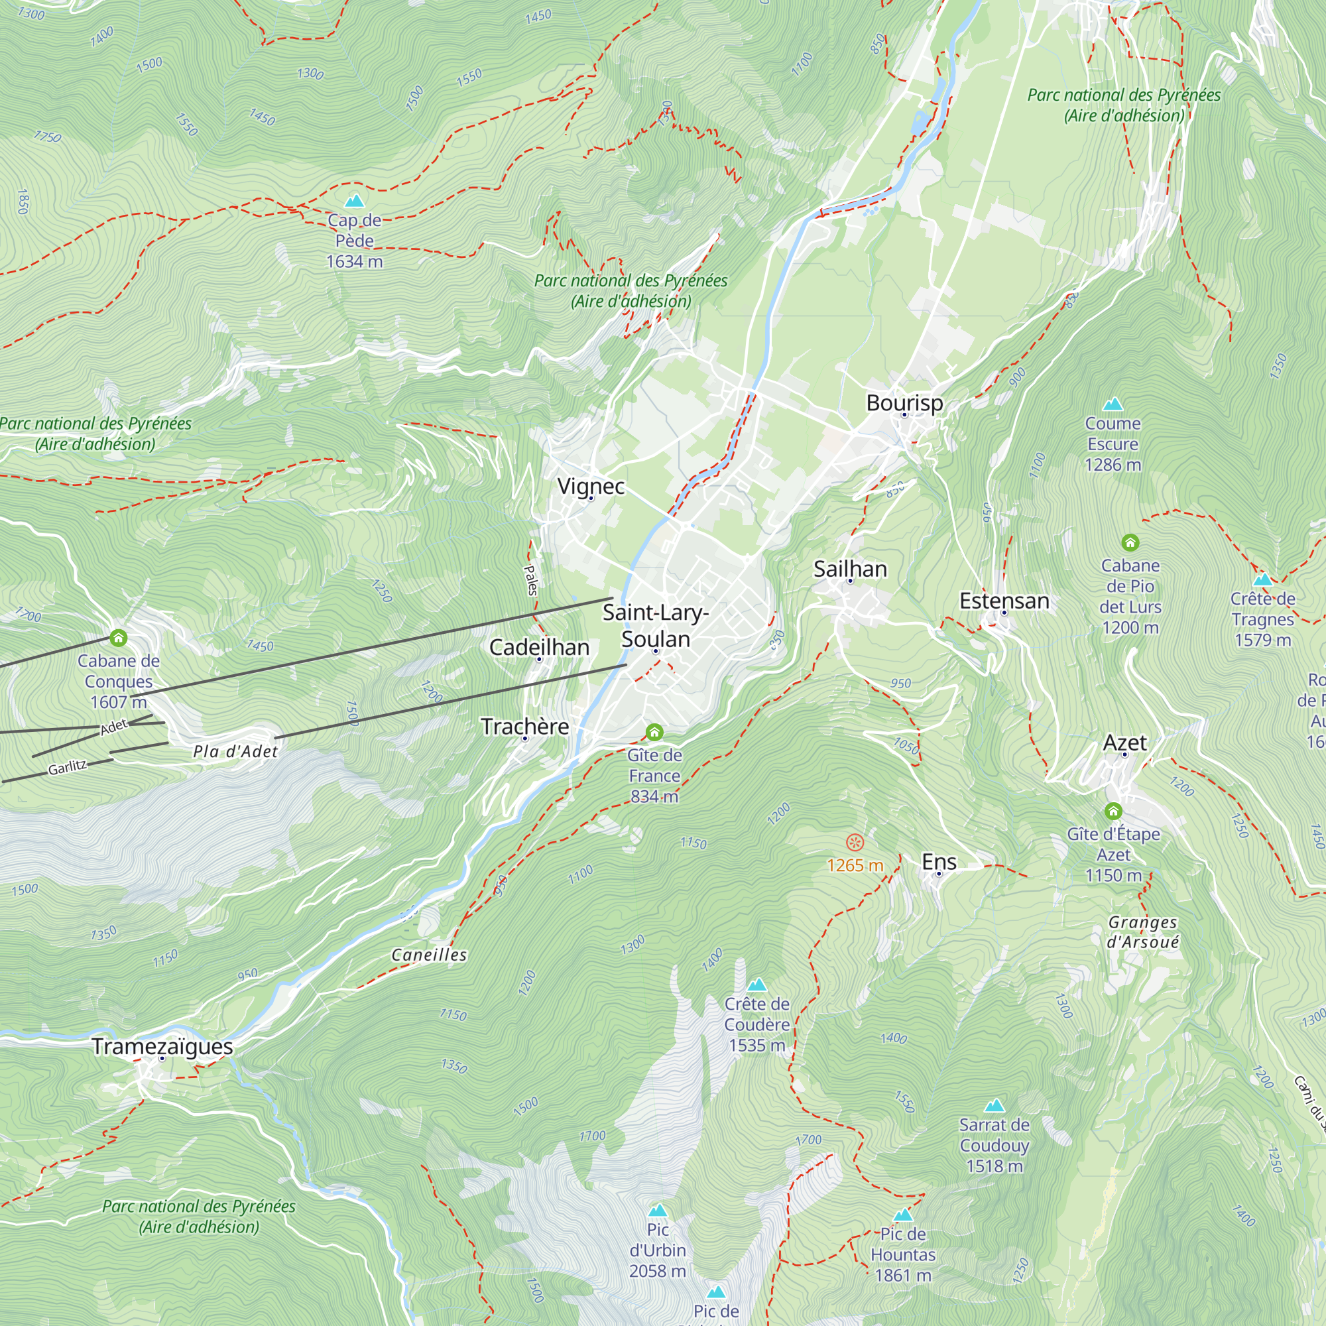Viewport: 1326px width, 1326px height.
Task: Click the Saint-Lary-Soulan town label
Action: pyautogui.click(x=656, y=626)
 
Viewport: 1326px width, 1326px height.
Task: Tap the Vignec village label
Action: pyautogui.click(x=591, y=487)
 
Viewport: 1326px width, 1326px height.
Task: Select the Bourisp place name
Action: pyautogui.click(x=904, y=403)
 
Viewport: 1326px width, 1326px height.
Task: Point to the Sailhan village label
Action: pyautogui.click(x=850, y=569)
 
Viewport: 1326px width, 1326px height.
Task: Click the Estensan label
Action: pyautogui.click(x=1004, y=601)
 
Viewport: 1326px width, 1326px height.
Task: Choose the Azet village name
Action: pyautogui.click(x=1124, y=743)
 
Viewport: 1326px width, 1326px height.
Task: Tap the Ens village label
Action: pyautogui.click(x=939, y=862)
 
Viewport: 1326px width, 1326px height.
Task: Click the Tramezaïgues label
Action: pyautogui.click(x=162, y=1047)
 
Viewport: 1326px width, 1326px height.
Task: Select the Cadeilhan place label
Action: pyautogui.click(x=539, y=647)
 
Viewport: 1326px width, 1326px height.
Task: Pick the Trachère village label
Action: pyautogui.click(x=525, y=726)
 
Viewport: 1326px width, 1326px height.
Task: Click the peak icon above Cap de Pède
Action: pyautogui.click(x=354, y=201)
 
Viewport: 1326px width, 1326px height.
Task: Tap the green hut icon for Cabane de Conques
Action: pyautogui.click(x=119, y=638)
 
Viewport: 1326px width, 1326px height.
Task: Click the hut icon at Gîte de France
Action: pyautogui.click(x=655, y=733)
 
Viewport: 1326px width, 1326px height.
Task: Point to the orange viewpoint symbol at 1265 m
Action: pyautogui.click(x=855, y=842)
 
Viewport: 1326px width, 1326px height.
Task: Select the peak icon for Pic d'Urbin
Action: pyautogui.click(x=658, y=1210)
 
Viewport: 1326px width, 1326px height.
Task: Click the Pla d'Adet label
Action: pyautogui.click(x=235, y=752)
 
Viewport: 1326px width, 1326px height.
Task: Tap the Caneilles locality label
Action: pyautogui.click(x=429, y=955)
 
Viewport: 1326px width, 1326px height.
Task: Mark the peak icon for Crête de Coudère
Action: pyautogui.click(x=756, y=986)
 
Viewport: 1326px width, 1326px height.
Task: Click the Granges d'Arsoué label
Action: pyautogui.click(x=1143, y=932)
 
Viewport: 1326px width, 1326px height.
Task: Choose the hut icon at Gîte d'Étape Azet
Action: pyautogui.click(x=1113, y=812)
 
